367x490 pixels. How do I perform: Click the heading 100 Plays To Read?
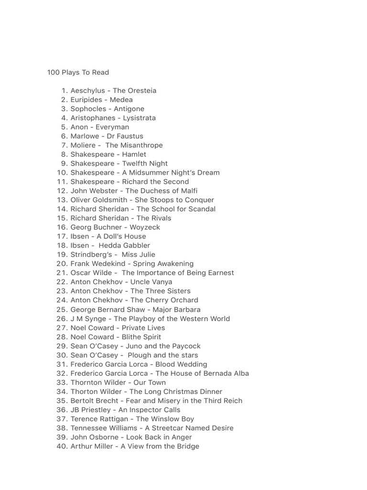coord(78,73)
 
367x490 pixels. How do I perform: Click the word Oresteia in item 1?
coord(141,91)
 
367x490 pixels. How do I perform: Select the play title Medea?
coord(121,100)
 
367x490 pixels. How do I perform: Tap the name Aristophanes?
coord(93,118)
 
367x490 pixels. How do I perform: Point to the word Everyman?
coord(112,127)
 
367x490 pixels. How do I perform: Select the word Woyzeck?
coord(145,227)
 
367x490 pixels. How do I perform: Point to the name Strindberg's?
coord(93,255)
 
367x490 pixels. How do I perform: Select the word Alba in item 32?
coord(240,373)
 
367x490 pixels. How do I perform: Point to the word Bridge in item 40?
coord(188,446)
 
